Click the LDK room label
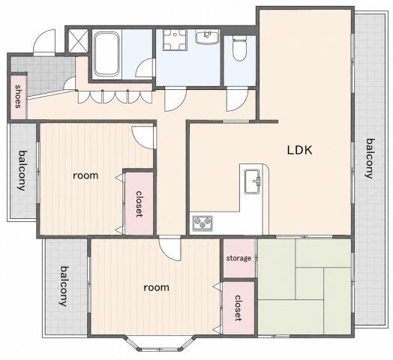(x=300, y=150)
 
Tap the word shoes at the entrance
(x=18, y=96)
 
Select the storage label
(x=238, y=258)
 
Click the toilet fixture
(x=239, y=49)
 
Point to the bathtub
(x=106, y=54)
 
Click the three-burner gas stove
(x=202, y=223)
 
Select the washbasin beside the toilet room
(x=207, y=37)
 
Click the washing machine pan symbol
(x=175, y=40)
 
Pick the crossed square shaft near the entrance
(x=78, y=40)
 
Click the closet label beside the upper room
(x=139, y=204)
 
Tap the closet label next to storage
(x=238, y=308)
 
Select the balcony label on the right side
(x=370, y=158)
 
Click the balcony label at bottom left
(x=64, y=286)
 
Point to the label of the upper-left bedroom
(x=85, y=175)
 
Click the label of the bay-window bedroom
(x=157, y=287)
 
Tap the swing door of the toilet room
(x=237, y=100)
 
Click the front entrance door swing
(x=44, y=43)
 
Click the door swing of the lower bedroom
(x=169, y=250)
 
